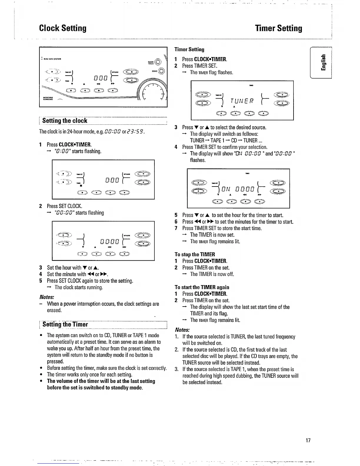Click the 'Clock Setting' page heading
pyautogui.click(x=63, y=28)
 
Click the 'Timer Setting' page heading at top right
pyautogui.click(x=279, y=28)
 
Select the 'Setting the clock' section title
pyautogui.click(x=65, y=121)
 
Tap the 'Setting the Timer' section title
pyautogui.click(x=65, y=324)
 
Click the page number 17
pyautogui.click(x=308, y=440)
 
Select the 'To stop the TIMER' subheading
pyautogui.click(x=195, y=254)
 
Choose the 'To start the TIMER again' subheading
pyautogui.click(x=202, y=287)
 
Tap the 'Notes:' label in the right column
pyautogui.click(x=182, y=329)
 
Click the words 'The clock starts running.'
pyautogui.click(x=79, y=287)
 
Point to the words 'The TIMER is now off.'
pyautogui.click(x=212, y=274)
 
